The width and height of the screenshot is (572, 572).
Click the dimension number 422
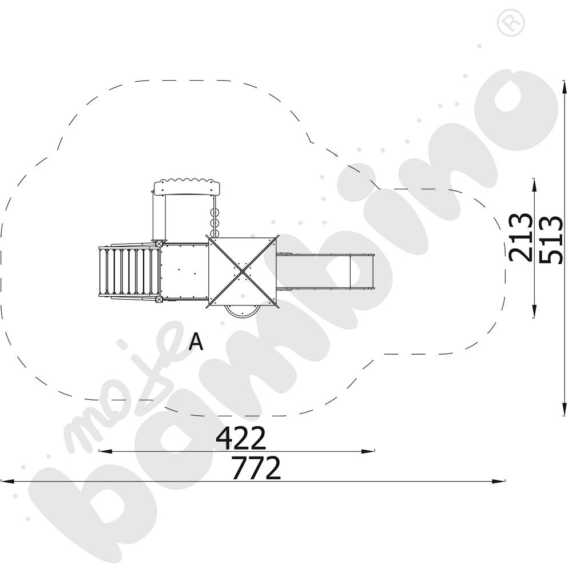pos(241,439)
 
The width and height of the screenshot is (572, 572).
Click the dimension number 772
pos(256,468)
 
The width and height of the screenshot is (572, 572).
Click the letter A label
pos(196,341)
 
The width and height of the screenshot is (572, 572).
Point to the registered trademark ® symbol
pos(506,23)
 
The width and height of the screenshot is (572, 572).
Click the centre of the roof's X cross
pos(243,271)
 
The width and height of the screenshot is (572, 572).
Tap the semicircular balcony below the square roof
pos(242,311)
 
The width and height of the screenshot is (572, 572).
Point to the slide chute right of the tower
pos(326,272)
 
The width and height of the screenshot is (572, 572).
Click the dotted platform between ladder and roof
pos(184,271)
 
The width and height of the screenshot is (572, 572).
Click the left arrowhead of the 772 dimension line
pos(5,481)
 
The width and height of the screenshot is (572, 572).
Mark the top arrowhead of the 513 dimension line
pos(564,85)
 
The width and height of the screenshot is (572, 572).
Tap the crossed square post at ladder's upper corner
pos(157,243)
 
